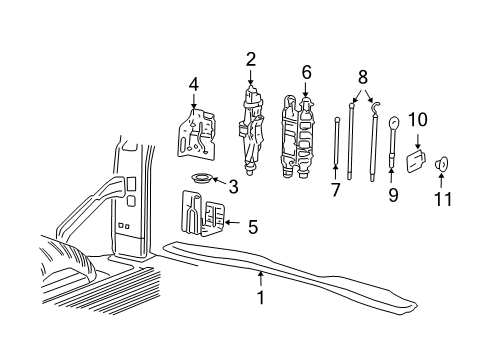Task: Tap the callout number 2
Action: tap(250, 59)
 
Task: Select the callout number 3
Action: tap(232, 185)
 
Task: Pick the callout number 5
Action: tap(252, 227)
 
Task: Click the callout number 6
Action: tap(306, 72)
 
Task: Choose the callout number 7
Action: tap(335, 190)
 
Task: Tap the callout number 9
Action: tap(392, 195)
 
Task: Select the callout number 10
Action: tap(417, 120)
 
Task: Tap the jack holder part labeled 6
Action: tap(298, 135)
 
